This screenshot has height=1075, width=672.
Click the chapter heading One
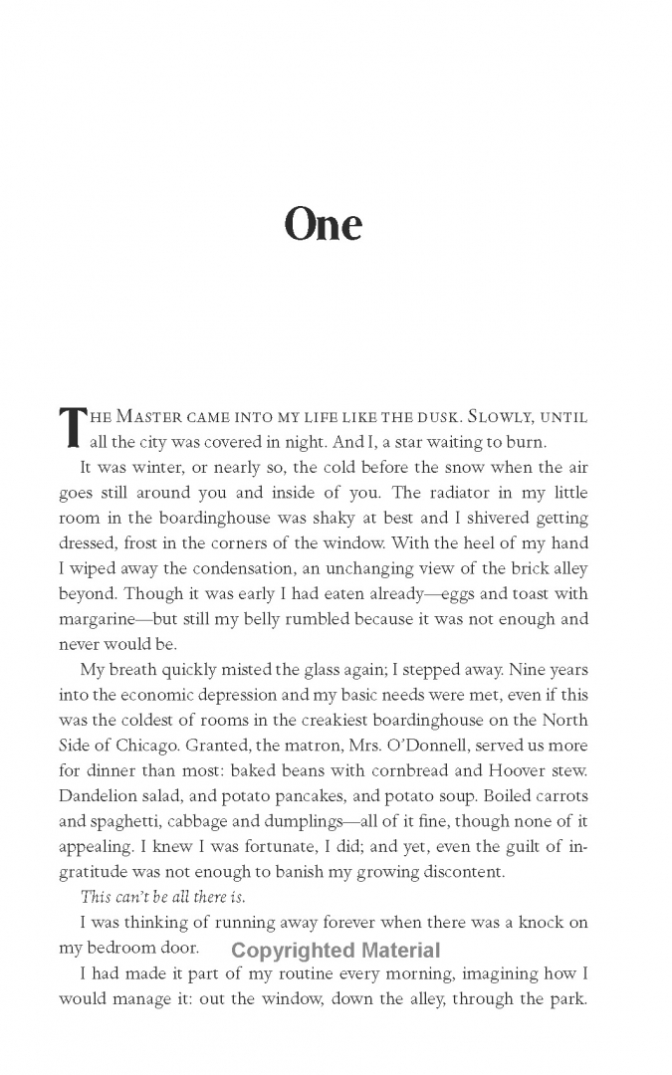(x=323, y=224)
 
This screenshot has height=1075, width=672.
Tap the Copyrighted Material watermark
(x=336, y=952)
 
